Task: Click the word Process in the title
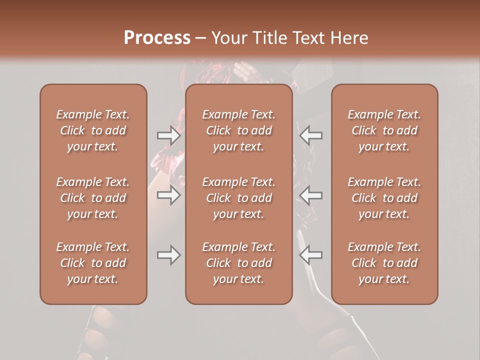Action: (157, 38)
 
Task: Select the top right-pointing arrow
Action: (169, 135)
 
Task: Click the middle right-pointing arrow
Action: (169, 195)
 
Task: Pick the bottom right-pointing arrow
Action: (169, 255)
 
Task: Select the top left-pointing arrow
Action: (311, 135)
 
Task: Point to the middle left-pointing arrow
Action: (311, 195)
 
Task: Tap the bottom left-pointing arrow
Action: (311, 255)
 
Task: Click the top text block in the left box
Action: (93, 130)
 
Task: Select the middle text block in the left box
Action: (93, 198)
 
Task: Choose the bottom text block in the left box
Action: (93, 263)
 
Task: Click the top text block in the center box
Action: (238, 130)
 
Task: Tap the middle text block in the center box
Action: (238, 198)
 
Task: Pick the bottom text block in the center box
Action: (238, 263)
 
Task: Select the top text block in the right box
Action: (384, 130)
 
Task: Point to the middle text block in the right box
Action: (384, 198)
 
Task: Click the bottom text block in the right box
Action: (384, 263)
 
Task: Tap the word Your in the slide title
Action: (228, 38)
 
